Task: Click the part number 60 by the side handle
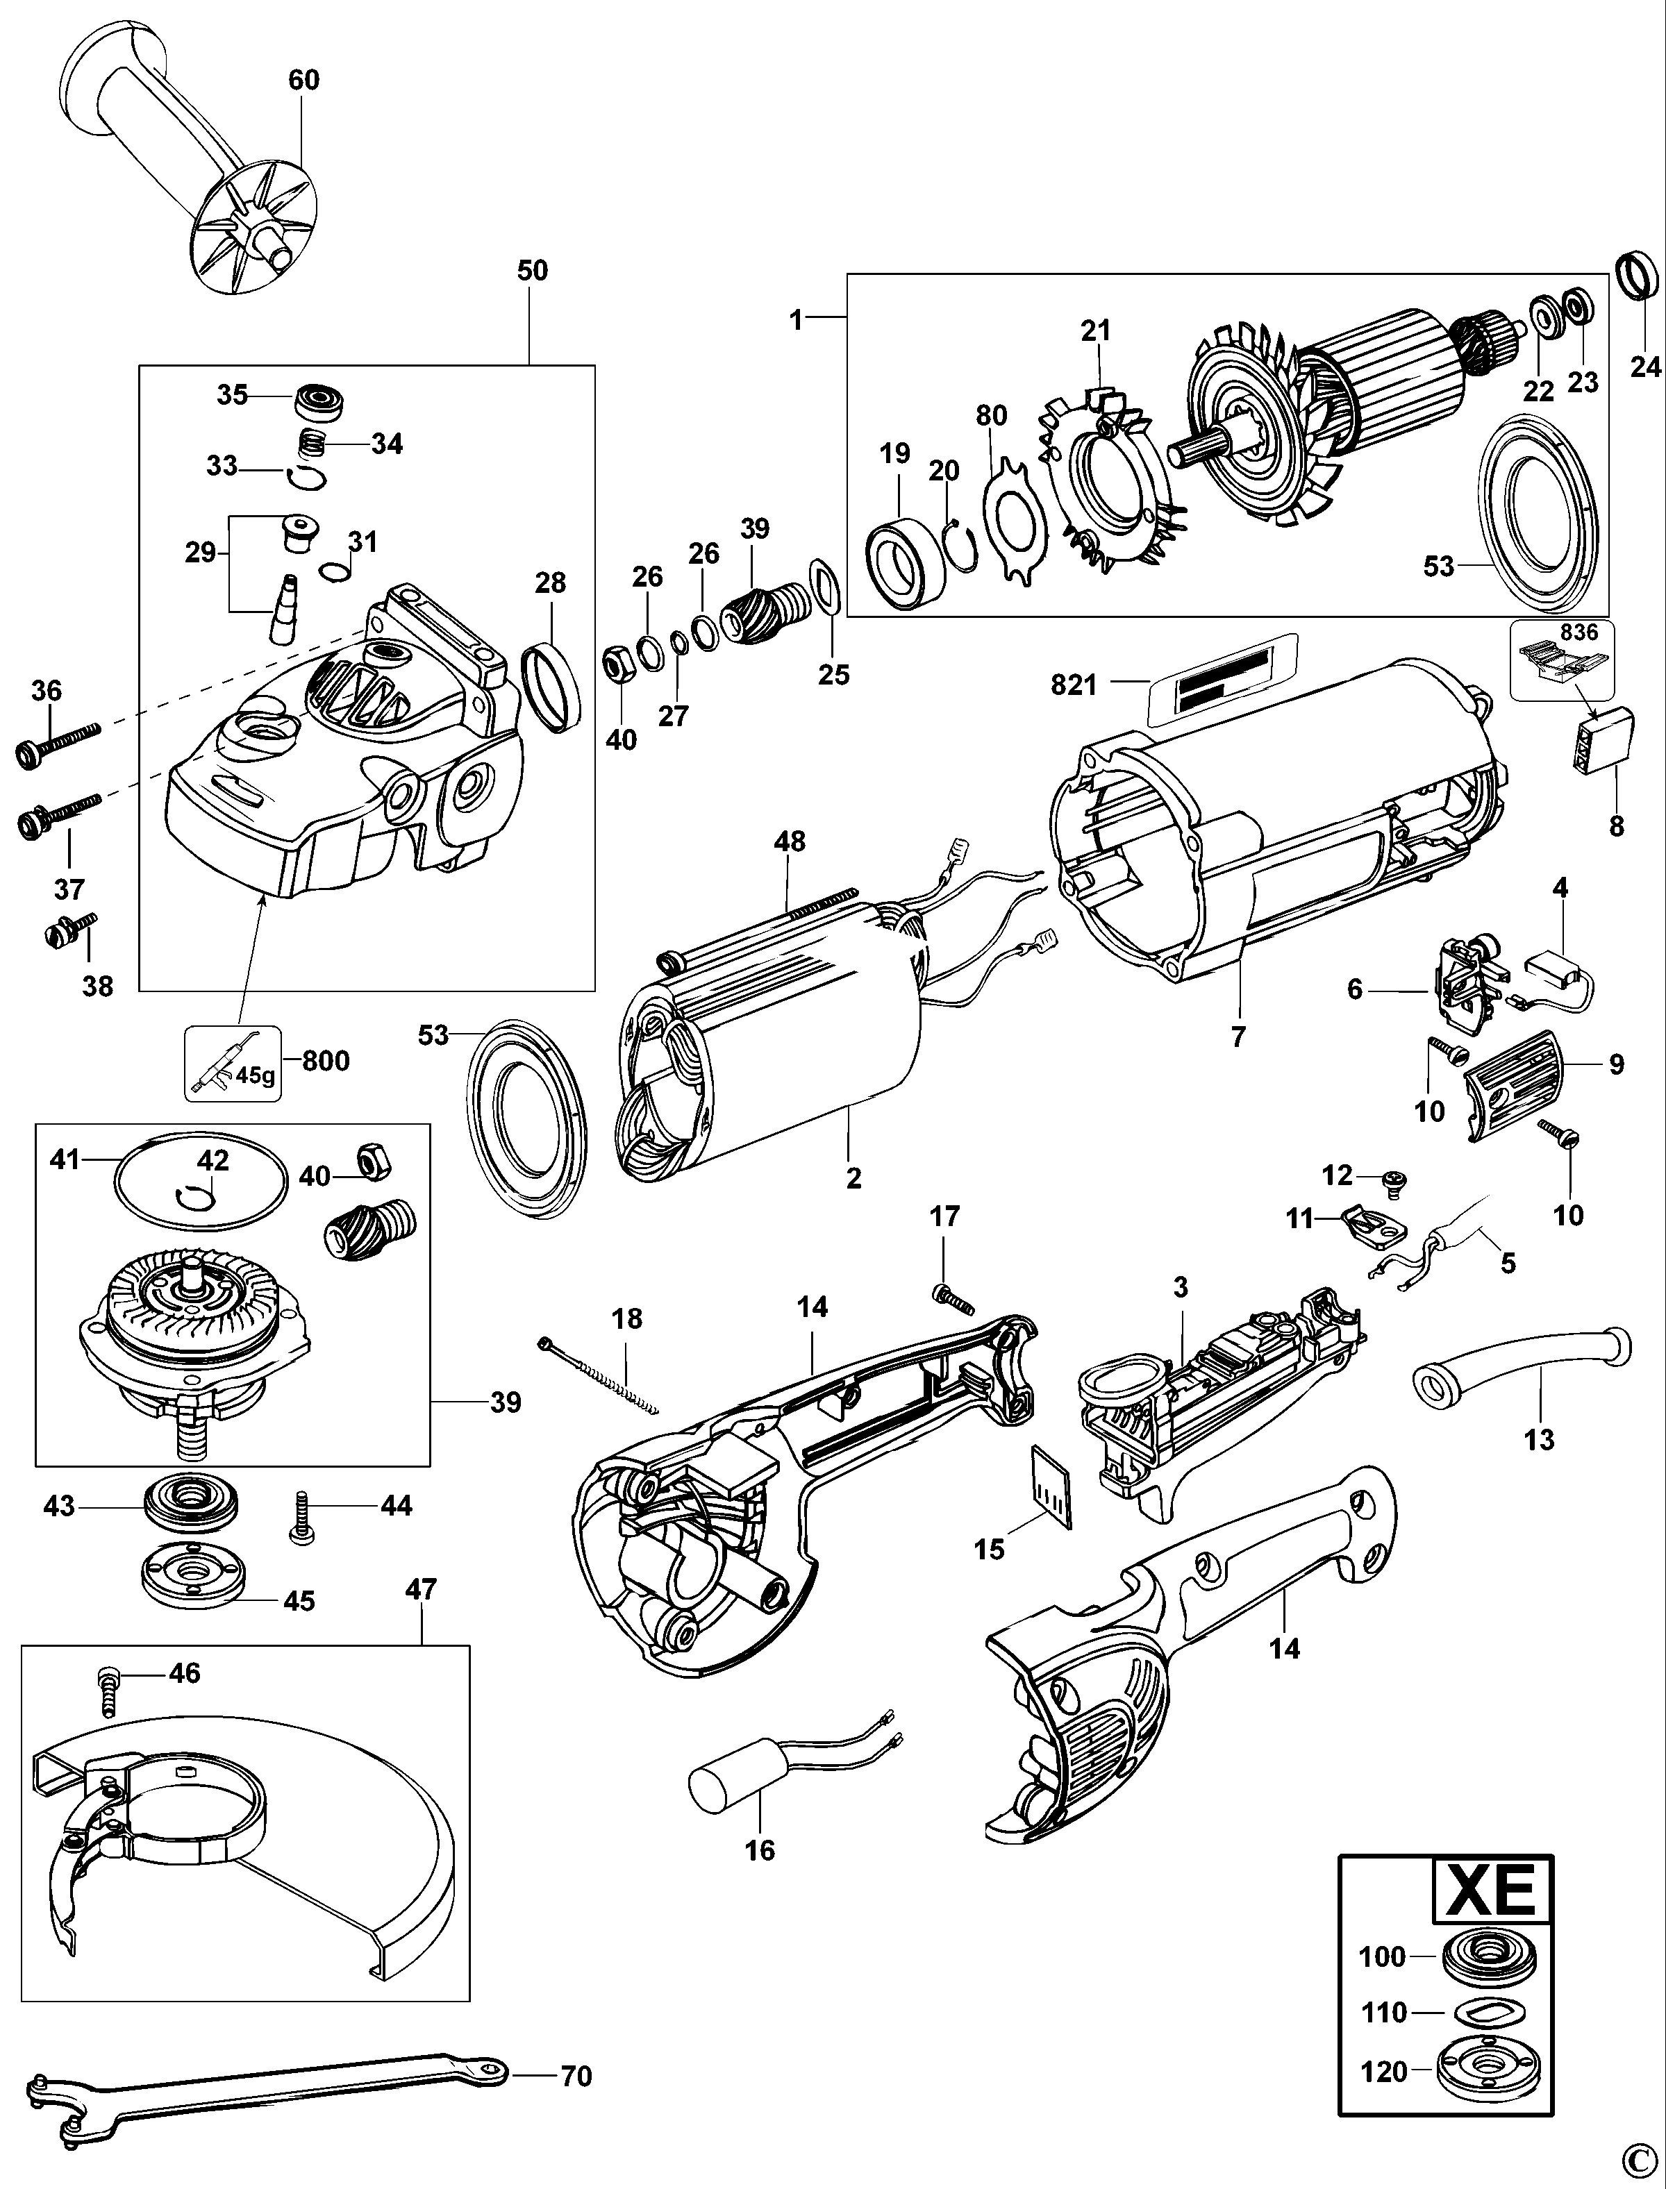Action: coord(303,79)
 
